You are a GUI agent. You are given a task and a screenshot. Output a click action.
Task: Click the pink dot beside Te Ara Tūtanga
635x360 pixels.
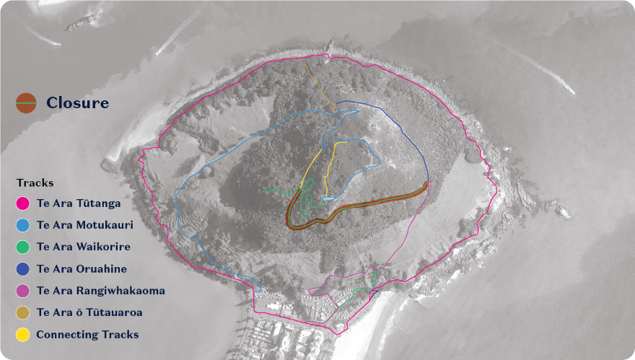tap(23, 204)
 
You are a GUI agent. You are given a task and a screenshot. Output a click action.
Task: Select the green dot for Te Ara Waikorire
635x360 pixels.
tap(23, 247)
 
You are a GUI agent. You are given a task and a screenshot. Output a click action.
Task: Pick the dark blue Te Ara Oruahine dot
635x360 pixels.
tap(23, 269)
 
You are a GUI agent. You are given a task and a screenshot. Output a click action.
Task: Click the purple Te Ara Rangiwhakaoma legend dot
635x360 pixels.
tap(23, 291)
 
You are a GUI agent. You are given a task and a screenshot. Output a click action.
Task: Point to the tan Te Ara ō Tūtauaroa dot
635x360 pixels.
tap(23, 312)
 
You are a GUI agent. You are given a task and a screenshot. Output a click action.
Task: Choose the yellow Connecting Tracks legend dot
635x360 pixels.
tap(23, 334)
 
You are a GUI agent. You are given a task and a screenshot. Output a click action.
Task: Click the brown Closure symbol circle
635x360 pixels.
tap(27, 103)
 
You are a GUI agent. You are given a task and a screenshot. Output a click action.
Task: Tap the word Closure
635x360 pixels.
tap(77, 103)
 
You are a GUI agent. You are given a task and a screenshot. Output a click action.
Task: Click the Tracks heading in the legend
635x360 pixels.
tap(35, 183)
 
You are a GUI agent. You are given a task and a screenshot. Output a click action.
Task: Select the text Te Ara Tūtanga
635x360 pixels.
tap(78, 204)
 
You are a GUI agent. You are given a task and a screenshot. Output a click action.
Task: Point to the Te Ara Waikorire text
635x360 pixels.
tap(83, 247)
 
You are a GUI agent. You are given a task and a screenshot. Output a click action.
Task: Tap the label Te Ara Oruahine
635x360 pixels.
tap(82, 269)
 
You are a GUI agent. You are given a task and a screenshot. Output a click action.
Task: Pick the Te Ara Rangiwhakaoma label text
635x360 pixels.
tap(100, 291)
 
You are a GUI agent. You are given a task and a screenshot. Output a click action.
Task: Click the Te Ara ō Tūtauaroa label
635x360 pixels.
tap(89, 312)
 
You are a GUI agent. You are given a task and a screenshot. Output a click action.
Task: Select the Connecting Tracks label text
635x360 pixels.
tap(87, 334)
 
